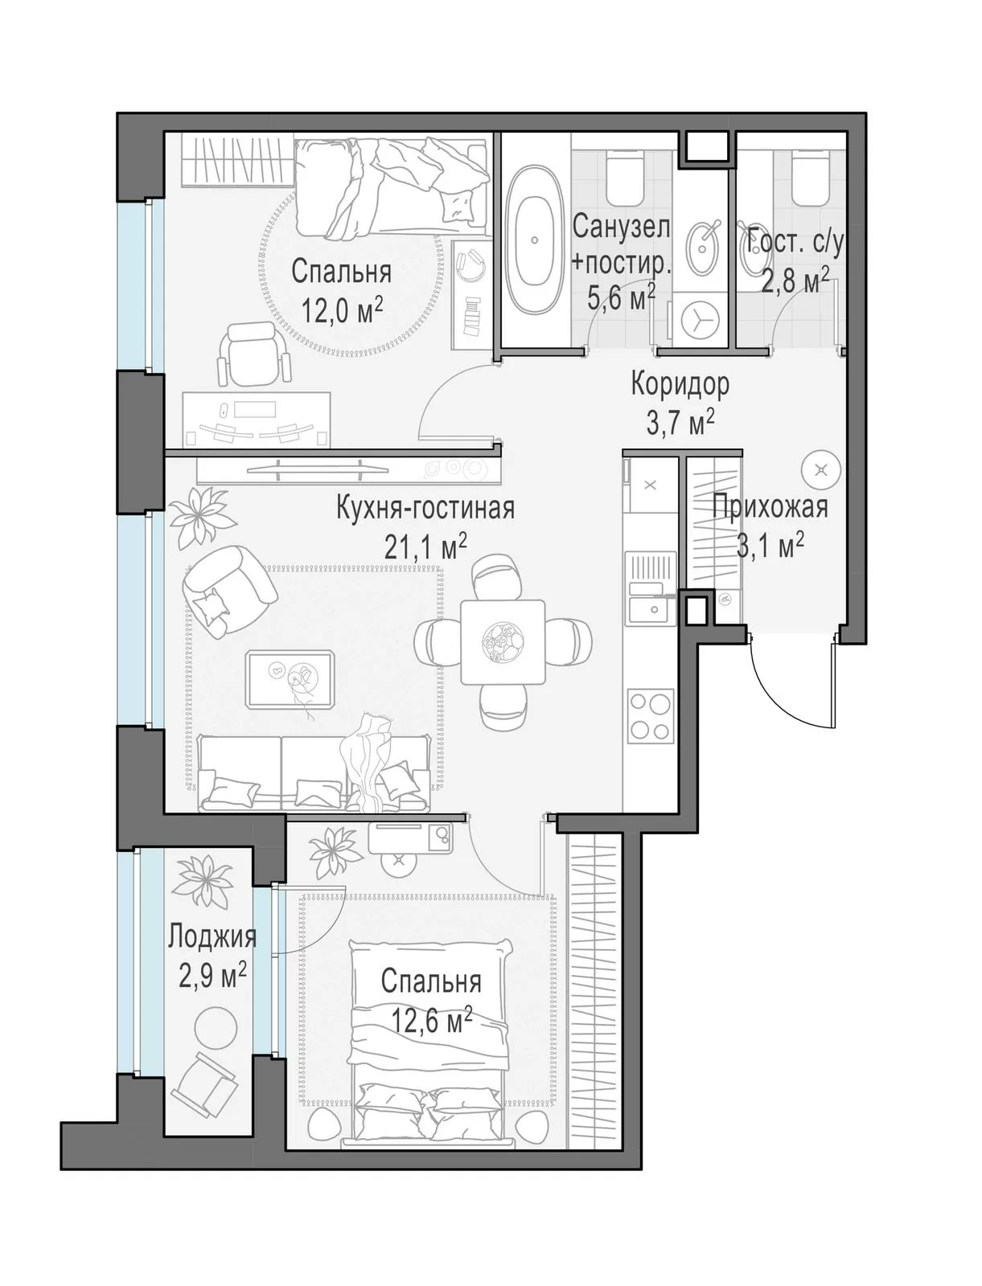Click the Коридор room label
680,385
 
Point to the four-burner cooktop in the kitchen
650,715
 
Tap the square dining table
503,641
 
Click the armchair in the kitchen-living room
228,592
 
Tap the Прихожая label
770,507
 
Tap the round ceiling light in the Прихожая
821,469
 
